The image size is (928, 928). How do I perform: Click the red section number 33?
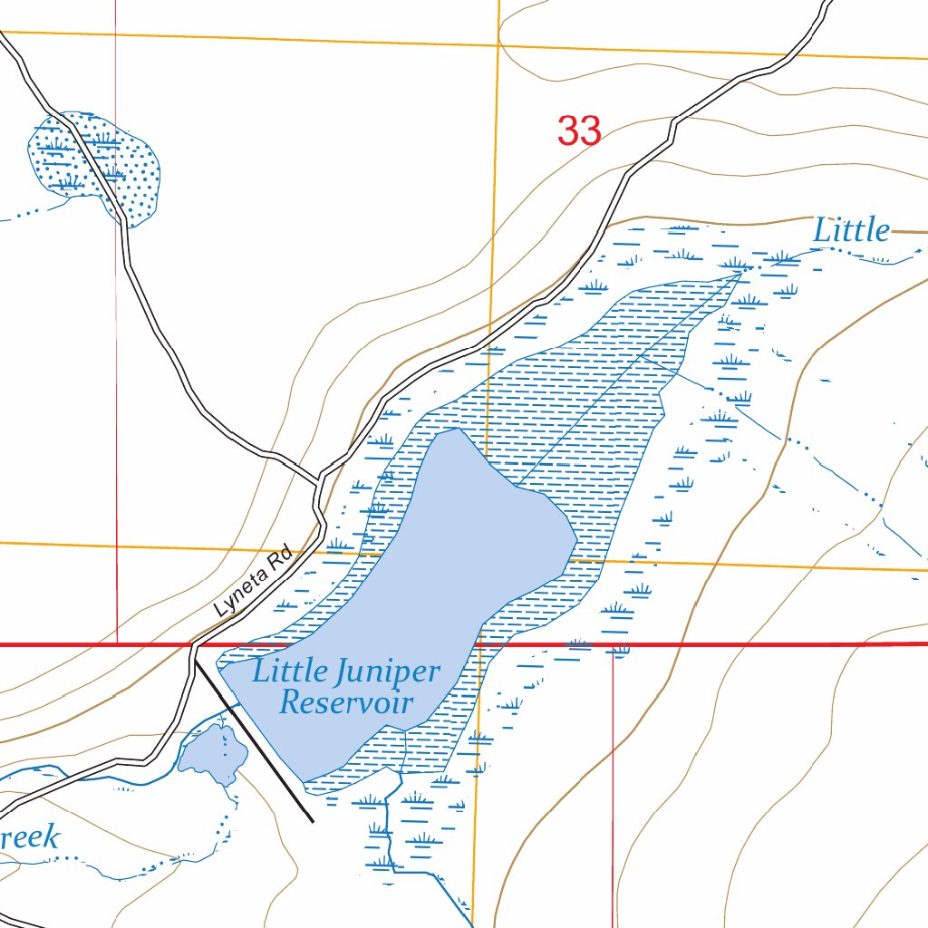tap(579, 131)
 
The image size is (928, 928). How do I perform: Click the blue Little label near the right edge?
tap(851, 230)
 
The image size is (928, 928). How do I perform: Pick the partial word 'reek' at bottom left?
tap(30, 836)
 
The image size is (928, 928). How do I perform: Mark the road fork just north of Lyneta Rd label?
tap(318, 478)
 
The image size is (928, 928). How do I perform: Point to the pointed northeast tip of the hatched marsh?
tap(742, 271)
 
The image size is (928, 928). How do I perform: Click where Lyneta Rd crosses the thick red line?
tap(193, 644)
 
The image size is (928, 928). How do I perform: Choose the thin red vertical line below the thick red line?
tap(614, 779)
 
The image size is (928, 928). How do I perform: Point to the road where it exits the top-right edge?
tap(829, 4)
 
